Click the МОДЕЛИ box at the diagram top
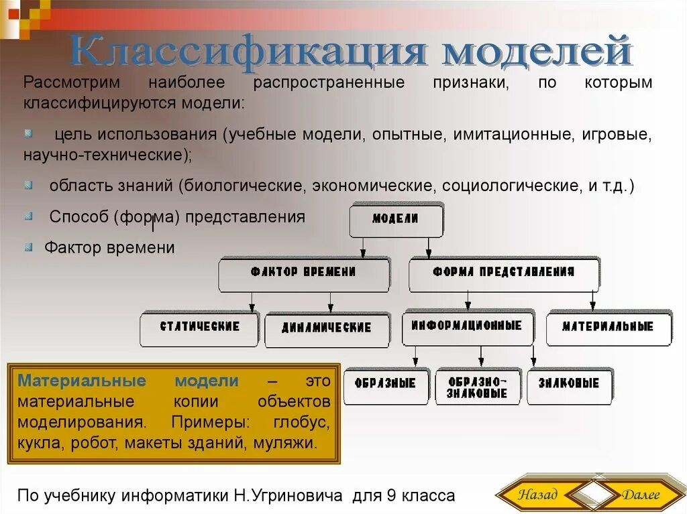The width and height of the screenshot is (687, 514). coord(396,220)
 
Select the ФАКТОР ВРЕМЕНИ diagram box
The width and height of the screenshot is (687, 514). coord(303,273)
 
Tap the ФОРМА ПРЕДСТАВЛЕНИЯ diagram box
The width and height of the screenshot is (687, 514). coord(503,273)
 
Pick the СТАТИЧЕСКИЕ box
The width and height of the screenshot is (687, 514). coord(199,328)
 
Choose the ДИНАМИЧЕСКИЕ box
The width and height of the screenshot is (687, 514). coord(327,329)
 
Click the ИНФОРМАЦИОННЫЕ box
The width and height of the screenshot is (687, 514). coord(467,326)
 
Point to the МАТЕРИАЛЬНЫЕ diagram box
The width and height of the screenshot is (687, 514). coord(608,328)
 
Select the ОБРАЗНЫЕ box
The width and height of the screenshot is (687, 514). coord(386,385)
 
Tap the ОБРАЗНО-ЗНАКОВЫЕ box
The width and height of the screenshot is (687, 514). coord(478,386)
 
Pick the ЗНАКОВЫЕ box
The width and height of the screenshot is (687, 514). coord(569,385)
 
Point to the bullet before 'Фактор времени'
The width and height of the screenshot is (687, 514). coord(28,247)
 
